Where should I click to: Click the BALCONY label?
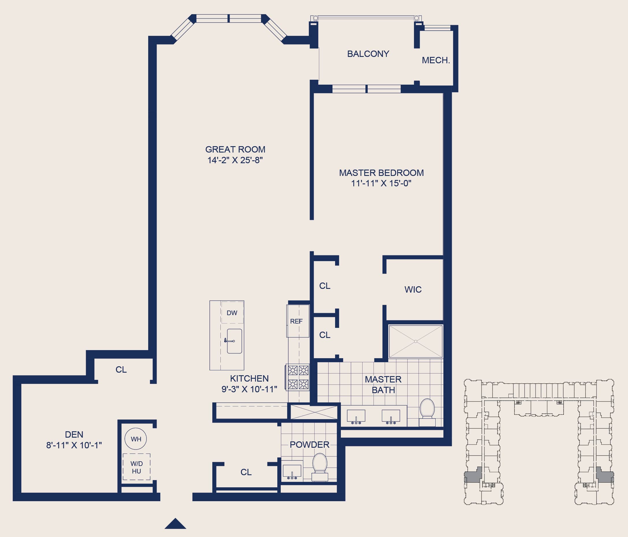368,54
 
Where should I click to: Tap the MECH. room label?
436,60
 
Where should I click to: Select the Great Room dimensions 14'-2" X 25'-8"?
235,160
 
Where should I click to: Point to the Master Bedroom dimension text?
381,183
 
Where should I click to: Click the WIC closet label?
413,289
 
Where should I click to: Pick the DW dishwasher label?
232,313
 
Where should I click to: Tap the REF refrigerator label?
296,321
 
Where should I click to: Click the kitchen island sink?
234,341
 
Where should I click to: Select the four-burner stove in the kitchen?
298,377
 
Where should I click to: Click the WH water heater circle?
136,439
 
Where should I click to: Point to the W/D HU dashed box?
136,467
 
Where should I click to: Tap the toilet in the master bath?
427,412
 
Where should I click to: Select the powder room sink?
292,471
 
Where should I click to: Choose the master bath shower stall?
415,341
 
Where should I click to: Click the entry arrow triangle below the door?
175,524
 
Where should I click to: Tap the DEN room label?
74,434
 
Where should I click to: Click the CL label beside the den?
121,370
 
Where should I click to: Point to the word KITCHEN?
249,378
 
